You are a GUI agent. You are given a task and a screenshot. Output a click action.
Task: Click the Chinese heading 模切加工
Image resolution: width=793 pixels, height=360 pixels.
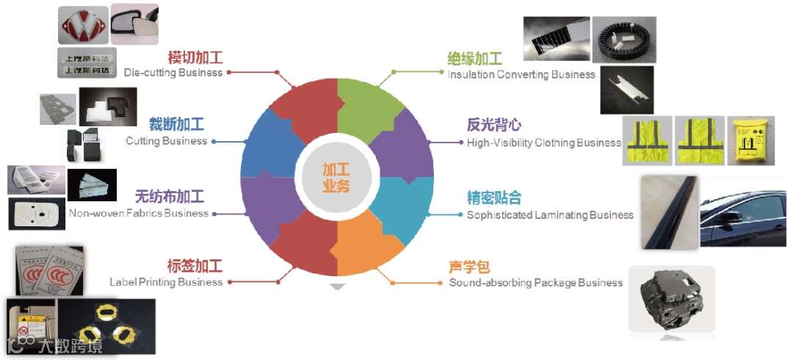click(195, 58)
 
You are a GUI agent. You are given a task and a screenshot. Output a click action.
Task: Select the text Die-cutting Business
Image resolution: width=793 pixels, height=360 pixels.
click(173, 73)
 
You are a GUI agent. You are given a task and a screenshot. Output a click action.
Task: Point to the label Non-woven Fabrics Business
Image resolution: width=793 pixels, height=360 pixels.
click(139, 213)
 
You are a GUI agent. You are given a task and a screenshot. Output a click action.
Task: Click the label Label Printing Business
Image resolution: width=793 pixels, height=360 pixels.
click(166, 282)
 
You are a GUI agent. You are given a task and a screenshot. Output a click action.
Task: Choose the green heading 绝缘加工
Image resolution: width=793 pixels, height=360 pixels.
click(475, 59)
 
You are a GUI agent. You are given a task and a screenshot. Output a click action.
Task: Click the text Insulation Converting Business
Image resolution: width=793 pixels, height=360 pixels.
click(521, 74)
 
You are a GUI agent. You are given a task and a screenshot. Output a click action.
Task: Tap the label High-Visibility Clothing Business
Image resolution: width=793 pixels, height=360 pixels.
click(544, 143)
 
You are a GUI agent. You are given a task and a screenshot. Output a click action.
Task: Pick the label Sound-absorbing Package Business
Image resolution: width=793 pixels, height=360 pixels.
click(536, 283)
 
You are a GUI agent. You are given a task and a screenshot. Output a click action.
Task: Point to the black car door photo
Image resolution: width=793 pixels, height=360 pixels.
click(742, 212)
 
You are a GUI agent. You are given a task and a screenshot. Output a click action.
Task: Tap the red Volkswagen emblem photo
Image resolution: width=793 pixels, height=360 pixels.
click(83, 26)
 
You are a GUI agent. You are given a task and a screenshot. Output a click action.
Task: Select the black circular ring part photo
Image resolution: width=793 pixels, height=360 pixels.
click(623, 40)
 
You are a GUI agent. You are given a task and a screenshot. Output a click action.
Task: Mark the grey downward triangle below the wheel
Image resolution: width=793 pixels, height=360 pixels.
click(337, 287)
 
